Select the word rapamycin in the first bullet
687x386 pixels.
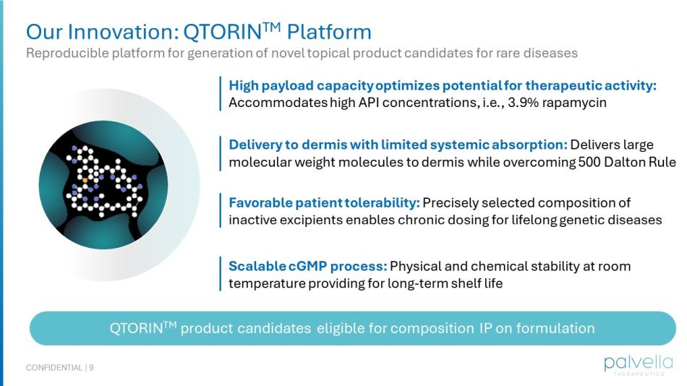click(x=578, y=103)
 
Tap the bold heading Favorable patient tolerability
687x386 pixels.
click(x=324, y=202)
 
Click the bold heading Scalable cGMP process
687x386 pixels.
click(x=308, y=266)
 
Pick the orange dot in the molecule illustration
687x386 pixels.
click(x=85, y=179)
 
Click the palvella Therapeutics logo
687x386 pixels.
click(x=638, y=364)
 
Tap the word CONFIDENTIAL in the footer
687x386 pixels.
click(x=54, y=368)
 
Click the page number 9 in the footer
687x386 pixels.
click(x=92, y=368)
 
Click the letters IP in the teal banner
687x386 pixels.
click(x=486, y=328)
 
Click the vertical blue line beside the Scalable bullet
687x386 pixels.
click(x=220, y=275)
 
